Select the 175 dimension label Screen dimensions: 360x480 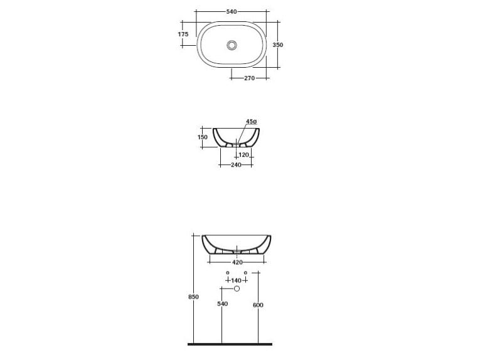pos(183,34)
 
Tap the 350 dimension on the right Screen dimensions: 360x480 pos(277,45)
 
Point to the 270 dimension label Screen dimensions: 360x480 pos(249,78)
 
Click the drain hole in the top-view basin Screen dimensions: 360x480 pos(233,45)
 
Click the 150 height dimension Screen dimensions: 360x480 pos(203,137)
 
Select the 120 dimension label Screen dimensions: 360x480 pos(244,154)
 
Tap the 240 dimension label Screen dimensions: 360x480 pos(235,164)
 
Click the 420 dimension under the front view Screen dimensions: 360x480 pos(237,262)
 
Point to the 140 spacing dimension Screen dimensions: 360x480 pos(237,280)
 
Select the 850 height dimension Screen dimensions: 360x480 pos(193,297)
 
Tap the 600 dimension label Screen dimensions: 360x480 pos(258,305)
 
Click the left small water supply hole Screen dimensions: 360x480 pos(227,272)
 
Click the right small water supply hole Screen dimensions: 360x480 pos(245,272)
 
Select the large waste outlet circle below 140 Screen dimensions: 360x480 pos(237,289)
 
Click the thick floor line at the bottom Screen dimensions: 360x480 pos(230,344)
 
